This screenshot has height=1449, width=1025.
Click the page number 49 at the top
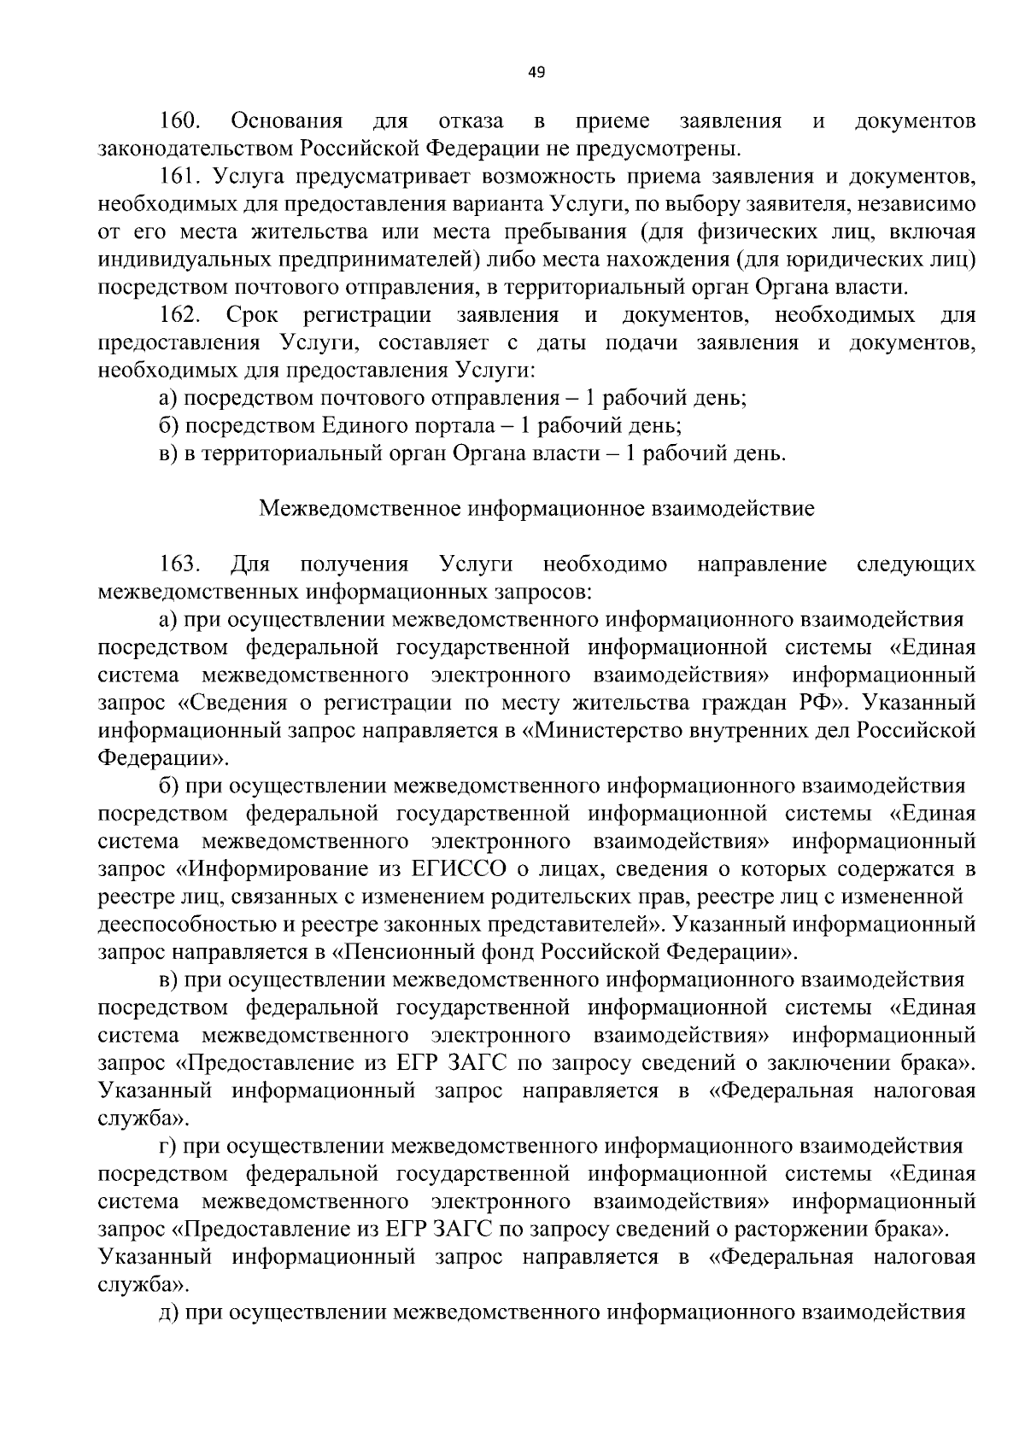[x=536, y=73]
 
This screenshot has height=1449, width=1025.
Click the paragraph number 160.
[x=179, y=121]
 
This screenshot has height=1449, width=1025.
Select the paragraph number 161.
[x=179, y=178]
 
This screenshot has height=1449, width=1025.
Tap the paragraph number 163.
[x=179, y=564]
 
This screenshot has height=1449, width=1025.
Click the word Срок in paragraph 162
[x=252, y=315]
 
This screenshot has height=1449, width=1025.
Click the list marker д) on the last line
[x=169, y=1312]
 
